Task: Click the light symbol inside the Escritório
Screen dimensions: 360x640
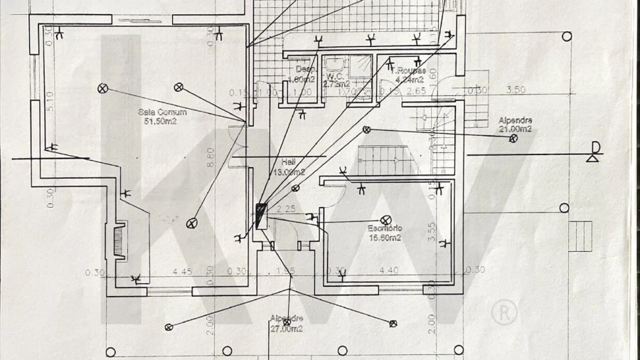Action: pyautogui.click(x=386, y=220)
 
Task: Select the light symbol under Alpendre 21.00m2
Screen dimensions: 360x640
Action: pyautogui.click(x=513, y=139)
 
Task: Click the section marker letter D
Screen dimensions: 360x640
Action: pyautogui.click(x=595, y=148)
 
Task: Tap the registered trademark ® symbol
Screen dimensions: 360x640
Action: pyautogui.click(x=503, y=312)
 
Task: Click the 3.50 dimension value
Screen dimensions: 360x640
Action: pyautogui.click(x=515, y=90)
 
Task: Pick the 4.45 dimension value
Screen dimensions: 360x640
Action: pyautogui.click(x=183, y=271)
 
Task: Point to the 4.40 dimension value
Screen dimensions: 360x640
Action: pyautogui.click(x=388, y=270)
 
